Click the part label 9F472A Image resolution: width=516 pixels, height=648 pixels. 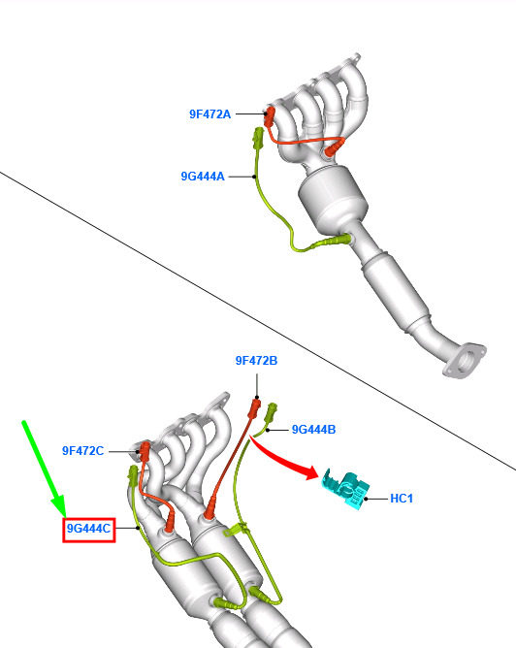pyautogui.click(x=210, y=114)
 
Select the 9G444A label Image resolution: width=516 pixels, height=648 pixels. pyautogui.click(x=203, y=177)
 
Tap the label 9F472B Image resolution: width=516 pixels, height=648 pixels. pyautogui.click(x=257, y=361)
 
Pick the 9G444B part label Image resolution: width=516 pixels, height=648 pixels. pyautogui.click(x=313, y=430)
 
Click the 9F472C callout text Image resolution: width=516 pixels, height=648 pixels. pyautogui.click(x=82, y=451)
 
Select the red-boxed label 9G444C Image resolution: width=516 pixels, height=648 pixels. pyautogui.click(x=89, y=529)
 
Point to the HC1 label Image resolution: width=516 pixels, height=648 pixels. pyautogui.click(x=402, y=499)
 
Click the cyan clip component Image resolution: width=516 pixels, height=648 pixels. pyautogui.click(x=346, y=489)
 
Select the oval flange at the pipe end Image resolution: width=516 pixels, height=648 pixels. pyautogui.click(x=465, y=360)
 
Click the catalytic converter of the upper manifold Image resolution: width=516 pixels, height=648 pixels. pyautogui.click(x=333, y=199)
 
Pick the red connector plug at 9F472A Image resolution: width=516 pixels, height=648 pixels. pyautogui.click(x=270, y=116)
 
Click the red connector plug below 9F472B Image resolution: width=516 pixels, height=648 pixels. pyautogui.click(x=255, y=407)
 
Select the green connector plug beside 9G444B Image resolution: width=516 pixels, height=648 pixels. pyautogui.click(x=271, y=412)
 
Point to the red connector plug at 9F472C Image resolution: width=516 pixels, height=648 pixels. pyautogui.click(x=145, y=451)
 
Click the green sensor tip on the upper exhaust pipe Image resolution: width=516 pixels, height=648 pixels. pyautogui.click(x=337, y=241)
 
